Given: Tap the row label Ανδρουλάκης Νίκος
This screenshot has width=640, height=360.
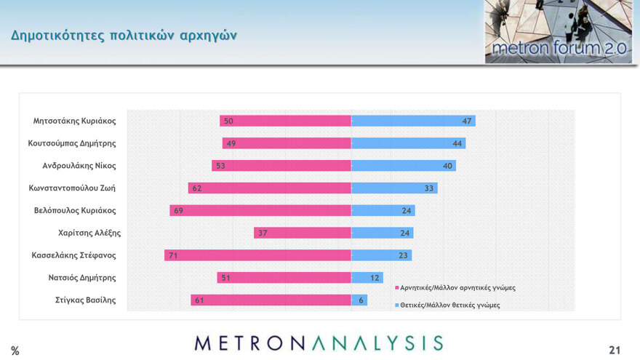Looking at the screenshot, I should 79,166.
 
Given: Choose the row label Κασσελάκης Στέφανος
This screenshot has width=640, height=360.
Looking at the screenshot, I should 73,255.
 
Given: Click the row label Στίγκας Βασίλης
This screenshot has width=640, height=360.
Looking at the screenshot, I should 86,300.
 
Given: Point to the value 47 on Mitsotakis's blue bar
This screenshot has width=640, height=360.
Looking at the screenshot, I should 467,121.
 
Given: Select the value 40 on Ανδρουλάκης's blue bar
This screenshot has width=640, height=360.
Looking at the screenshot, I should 448,166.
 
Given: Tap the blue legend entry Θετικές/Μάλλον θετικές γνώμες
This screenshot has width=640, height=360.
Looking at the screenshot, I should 449,305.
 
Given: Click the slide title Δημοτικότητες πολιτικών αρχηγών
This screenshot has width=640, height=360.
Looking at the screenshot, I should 124,35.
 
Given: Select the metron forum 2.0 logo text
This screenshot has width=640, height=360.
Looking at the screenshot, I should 558,49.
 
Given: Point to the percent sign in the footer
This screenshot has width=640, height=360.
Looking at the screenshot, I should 15,351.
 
